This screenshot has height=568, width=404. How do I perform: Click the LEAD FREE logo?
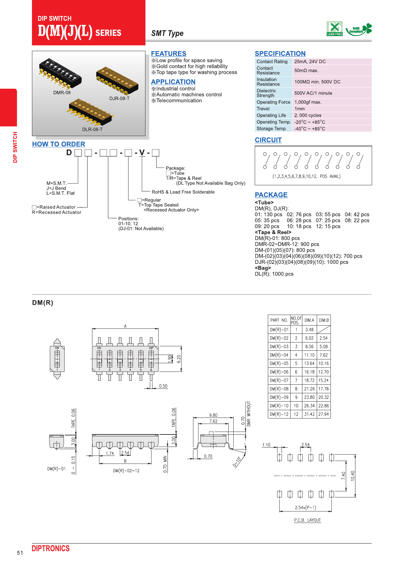[334, 29]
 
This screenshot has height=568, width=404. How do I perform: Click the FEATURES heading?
[168, 54]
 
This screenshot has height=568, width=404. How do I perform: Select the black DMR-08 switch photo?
[60, 73]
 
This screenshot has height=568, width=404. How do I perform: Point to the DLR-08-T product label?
[92, 129]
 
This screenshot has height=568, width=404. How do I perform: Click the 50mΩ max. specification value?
[306, 71]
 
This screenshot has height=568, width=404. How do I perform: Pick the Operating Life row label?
[271, 115]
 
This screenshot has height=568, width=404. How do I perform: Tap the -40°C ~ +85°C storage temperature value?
[309, 129]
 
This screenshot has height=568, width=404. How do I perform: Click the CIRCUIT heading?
[268, 140]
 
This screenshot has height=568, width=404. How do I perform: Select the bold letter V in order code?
[142, 153]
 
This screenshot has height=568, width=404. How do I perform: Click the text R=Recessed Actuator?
[57, 212]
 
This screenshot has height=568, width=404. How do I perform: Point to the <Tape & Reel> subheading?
[273, 232]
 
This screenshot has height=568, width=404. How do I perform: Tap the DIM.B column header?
[324, 320]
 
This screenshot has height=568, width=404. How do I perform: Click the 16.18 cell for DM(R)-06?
[309, 372]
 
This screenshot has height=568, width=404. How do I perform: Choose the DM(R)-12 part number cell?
[279, 414]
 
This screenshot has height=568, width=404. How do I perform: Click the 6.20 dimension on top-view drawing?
[179, 359]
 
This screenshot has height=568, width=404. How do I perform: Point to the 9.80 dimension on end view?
[213, 415]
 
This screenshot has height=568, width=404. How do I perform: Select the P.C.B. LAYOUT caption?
[307, 520]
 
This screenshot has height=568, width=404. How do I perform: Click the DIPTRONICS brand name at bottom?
[50, 549]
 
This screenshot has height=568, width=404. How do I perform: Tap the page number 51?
[20, 553]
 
